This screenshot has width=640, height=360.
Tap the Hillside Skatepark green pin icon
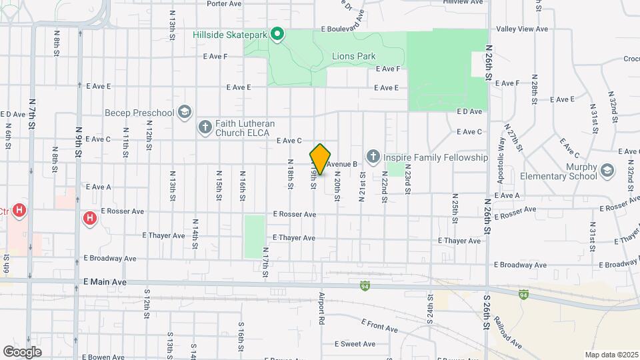(278, 33)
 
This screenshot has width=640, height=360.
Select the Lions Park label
(353, 57)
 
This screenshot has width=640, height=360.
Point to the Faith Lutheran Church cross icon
(205, 126)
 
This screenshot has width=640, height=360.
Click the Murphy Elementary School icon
(607, 171)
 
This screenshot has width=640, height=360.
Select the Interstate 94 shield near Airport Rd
(364, 286)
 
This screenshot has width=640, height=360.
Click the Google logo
(23, 351)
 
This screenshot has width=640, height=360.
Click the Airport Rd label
(321, 308)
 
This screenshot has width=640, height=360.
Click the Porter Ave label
(224, 3)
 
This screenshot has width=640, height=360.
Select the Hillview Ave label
(463, 3)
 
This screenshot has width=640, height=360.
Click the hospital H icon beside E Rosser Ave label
(89, 218)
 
